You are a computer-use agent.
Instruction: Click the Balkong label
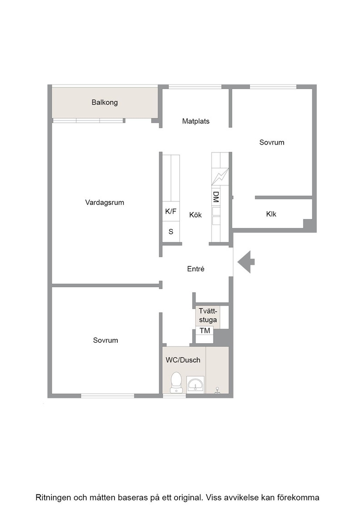105,103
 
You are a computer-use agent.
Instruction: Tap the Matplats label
196,121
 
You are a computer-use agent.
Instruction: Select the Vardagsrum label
105,203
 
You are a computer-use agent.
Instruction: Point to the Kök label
195,215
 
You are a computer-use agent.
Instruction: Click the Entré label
196,269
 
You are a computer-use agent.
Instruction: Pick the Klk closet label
271,214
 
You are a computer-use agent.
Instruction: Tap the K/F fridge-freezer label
171,212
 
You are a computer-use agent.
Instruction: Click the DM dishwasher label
216,197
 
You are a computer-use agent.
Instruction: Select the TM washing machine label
205,331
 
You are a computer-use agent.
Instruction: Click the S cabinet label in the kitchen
171,232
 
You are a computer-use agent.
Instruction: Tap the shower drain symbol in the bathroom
217,390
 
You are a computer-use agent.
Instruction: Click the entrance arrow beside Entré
246,262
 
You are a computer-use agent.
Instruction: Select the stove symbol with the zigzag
220,176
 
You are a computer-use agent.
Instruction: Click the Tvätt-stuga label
208,315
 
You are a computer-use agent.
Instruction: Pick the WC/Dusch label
183,360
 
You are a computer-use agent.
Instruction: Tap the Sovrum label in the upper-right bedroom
272,143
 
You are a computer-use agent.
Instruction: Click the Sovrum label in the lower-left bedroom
105,340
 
